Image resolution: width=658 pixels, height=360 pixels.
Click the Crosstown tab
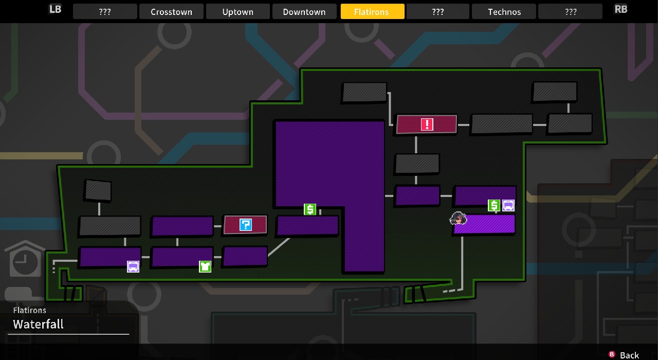[x=171, y=12]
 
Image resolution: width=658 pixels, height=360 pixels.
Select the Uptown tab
[x=237, y=12]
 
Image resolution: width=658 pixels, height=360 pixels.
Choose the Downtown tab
[x=304, y=12]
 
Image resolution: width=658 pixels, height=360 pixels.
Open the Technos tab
[x=504, y=12]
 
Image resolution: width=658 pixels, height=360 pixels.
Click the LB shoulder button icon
[x=55, y=9]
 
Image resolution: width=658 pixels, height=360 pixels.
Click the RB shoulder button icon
[x=620, y=9]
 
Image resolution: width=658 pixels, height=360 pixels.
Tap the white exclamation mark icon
[x=427, y=124]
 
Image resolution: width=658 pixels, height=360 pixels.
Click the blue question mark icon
[x=246, y=225]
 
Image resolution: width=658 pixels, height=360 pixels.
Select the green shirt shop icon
[x=205, y=266]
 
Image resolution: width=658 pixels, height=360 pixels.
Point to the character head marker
[x=458, y=219]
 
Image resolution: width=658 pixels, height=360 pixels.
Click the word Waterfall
[x=38, y=324]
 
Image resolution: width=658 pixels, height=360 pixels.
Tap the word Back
[x=629, y=355]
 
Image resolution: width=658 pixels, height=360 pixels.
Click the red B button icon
[x=612, y=354]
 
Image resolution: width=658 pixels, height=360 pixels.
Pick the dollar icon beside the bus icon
[x=494, y=205]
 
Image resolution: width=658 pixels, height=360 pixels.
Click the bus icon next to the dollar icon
[x=508, y=205]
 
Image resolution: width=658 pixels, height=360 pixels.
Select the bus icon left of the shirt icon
[x=133, y=266]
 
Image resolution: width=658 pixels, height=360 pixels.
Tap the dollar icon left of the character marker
[x=310, y=209]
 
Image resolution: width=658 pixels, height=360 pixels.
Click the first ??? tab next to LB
[x=105, y=12]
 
